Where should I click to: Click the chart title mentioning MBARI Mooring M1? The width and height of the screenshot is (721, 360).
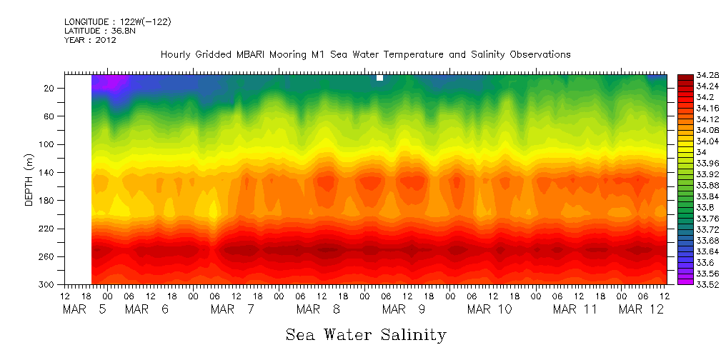[365, 54]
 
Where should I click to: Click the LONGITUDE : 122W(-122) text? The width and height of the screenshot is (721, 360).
[117, 22]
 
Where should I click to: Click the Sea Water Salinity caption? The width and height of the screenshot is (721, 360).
[366, 334]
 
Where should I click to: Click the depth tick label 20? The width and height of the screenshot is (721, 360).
[50, 88]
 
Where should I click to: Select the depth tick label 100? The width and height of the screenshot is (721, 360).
[48, 144]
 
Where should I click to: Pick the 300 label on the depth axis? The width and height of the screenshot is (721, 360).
[48, 284]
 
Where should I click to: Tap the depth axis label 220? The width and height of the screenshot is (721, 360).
[48, 229]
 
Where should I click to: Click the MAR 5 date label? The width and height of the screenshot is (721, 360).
[84, 309]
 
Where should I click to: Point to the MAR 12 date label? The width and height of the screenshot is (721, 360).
[641, 309]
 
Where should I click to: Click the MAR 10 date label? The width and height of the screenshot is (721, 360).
[489, 309]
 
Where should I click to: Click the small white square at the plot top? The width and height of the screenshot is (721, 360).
[379, 78]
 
